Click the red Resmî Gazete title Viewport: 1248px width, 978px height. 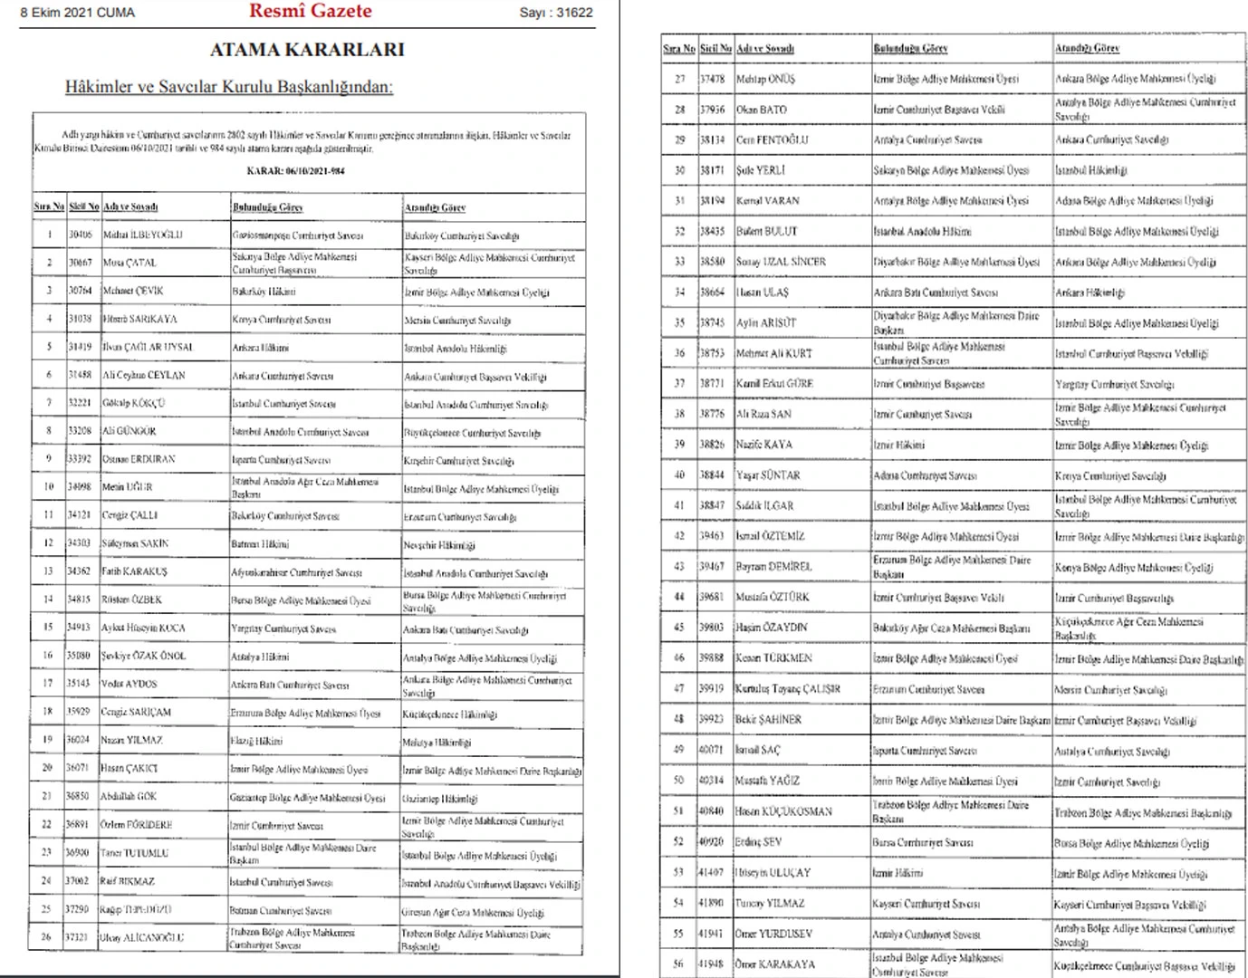[311, 12]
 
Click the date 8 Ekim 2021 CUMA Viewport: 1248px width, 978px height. [78, 13]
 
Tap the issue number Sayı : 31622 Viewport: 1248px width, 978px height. [555, 13]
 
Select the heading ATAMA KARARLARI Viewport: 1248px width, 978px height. [307, 50]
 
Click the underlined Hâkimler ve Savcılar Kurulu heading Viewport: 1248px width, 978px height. [229, 87]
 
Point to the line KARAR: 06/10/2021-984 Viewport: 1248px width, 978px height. [295, 170]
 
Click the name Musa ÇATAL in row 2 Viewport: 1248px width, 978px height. [130, 263]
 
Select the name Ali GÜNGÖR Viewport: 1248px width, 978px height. [130, 431]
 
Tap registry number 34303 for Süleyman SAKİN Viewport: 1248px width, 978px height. [80, 543]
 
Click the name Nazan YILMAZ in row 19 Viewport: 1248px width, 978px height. [132, 740]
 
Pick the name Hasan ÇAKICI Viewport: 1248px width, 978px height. [130, 768]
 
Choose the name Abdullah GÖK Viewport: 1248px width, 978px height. [129, 796]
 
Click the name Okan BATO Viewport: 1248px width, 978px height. [762, 110]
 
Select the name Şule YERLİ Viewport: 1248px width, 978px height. [761, 170]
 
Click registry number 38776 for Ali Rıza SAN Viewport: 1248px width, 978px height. [712, 414]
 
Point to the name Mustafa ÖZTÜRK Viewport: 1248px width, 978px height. [773, 597]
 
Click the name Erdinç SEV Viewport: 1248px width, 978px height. [759, 841]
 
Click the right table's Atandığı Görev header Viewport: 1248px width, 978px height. [1087, 48]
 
